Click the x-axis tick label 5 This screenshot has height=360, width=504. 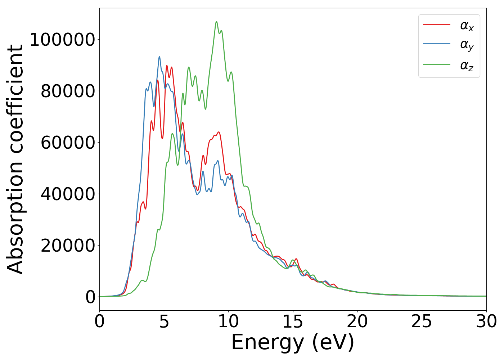[164, 321]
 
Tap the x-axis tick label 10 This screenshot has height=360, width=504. [228, 321]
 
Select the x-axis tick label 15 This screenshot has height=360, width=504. [293, 321]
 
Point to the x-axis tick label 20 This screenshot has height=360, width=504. [357, 321]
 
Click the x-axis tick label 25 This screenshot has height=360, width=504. [422, 321]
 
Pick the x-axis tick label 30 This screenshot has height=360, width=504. [486, 321]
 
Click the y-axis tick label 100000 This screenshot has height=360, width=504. [62, 40]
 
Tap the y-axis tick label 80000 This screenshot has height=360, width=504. [68, 91]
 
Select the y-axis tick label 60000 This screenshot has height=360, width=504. [68, 143]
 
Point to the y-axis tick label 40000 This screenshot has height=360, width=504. [68, 194]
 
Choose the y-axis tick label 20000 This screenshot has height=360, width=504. [68, 246]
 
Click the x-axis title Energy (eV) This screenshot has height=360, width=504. [293, 342]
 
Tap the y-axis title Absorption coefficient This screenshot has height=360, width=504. [15, 159]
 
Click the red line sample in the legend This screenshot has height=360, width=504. [436, 25]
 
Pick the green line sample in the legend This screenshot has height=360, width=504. [436, 65]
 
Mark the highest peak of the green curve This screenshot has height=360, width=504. [216, 22]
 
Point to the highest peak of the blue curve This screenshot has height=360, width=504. [159, 57]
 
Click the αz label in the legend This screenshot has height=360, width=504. [467, 66]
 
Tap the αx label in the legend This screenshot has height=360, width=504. [467, 26]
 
